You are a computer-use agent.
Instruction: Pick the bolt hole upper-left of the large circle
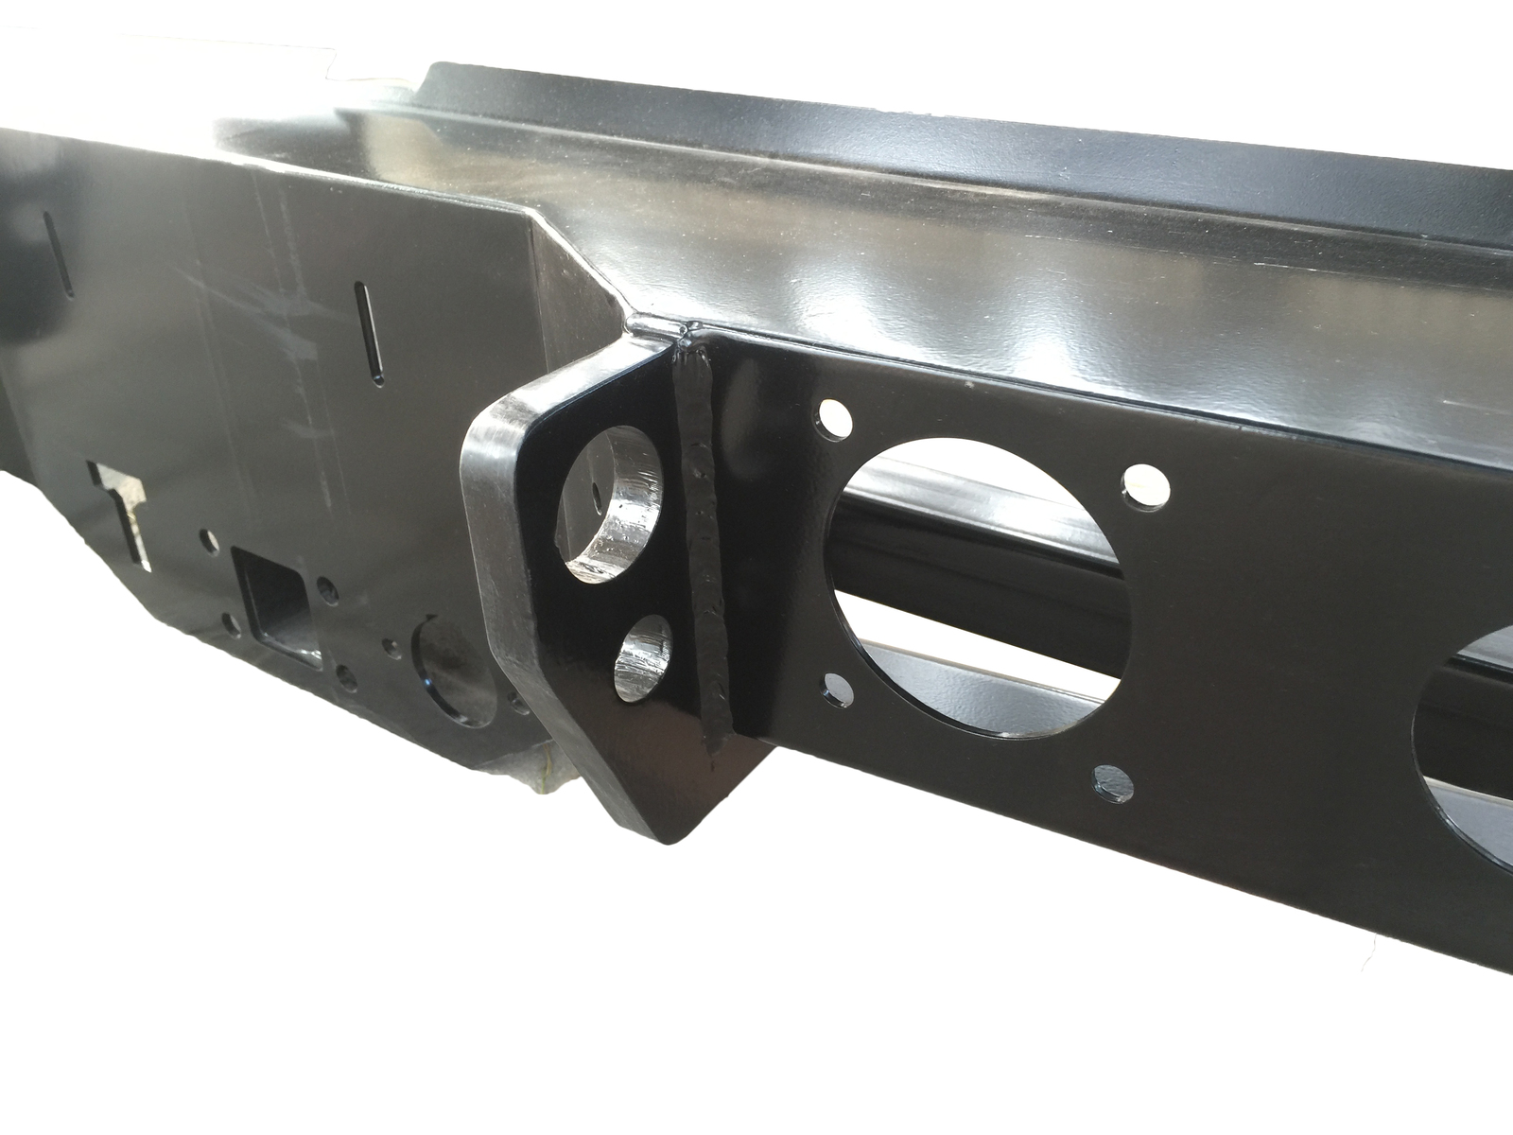(832, 416)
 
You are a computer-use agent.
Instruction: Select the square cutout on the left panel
(274, 605)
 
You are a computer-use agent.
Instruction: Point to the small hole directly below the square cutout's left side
(231, 622)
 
